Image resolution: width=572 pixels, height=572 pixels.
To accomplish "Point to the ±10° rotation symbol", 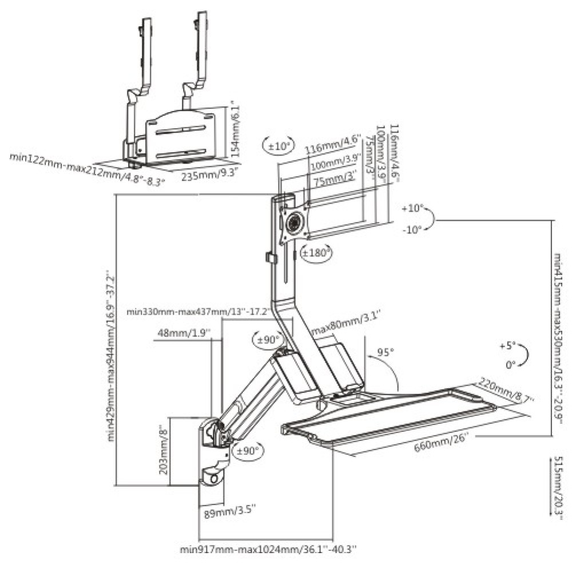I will tap(279, 145).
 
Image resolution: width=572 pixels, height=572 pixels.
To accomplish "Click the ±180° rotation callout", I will tap(316, 252).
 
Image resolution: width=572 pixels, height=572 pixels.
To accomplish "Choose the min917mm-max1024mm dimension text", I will tap(268, 550).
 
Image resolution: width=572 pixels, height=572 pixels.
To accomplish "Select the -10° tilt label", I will tap(411, 229).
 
